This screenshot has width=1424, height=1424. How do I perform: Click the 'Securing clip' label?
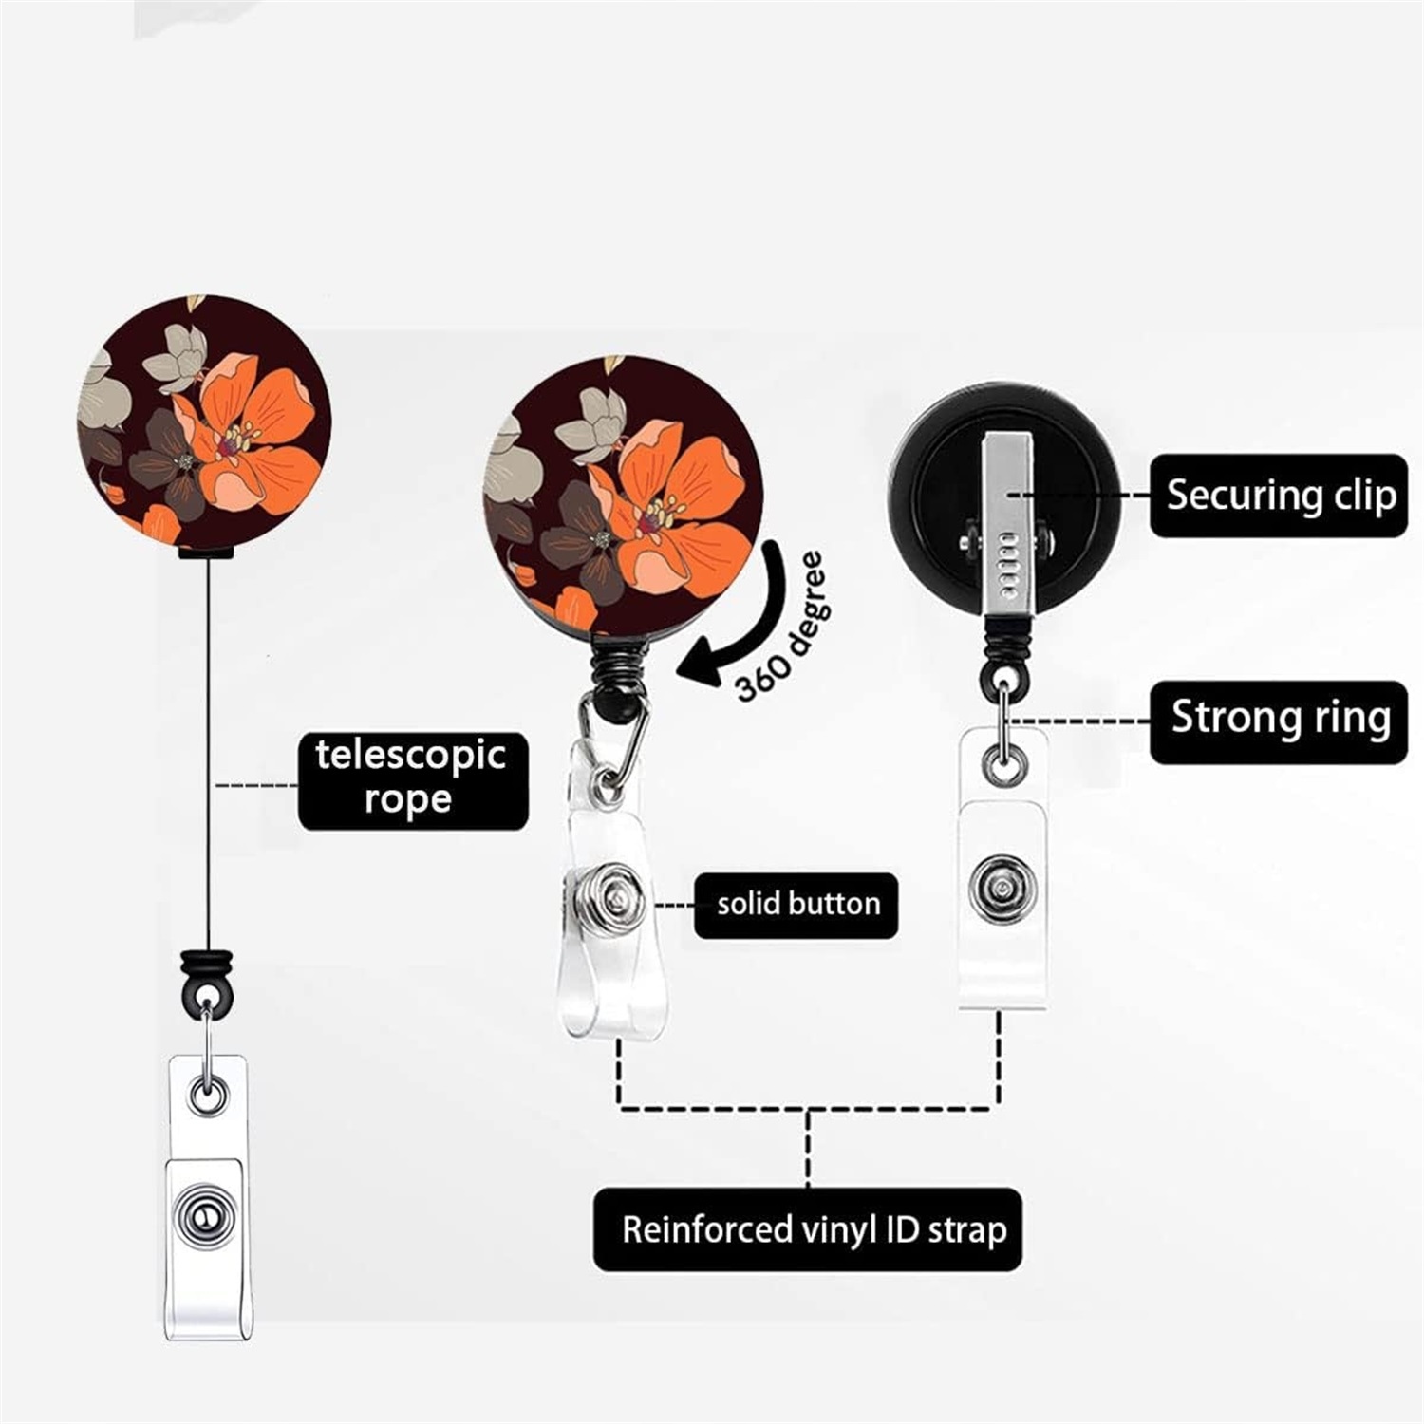click(1279, 496)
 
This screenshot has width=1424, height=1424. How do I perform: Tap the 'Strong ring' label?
click(1279, 719)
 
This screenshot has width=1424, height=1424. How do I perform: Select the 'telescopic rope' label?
click(412, 778)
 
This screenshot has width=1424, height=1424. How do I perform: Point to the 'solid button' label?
click(796, 904)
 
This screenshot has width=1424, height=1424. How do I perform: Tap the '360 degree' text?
click(782, 628)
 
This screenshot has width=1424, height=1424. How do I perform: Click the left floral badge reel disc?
click(204, 421)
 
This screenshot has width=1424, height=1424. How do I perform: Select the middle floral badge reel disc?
click(623, 493)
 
